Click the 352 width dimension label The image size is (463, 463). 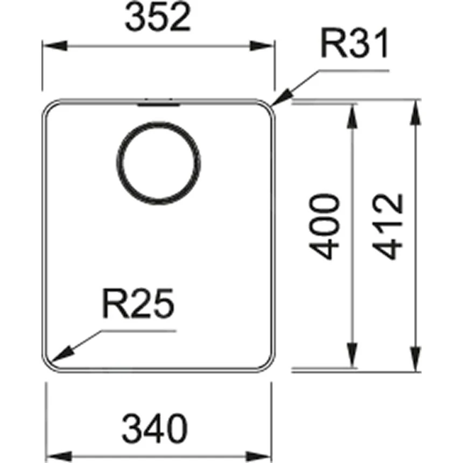point(158,17)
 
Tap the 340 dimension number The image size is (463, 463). point(155,429)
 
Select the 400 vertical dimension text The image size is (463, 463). point(324,227)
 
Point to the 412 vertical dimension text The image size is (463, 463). point(388,227)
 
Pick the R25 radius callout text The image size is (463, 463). point(138,303)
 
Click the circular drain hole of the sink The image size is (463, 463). point(159,163)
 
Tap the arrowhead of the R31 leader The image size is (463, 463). point(280,98)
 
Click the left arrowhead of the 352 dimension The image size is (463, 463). point(54,46)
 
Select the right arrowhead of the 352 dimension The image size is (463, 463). point(261,46)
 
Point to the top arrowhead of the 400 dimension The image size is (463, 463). point(352,117)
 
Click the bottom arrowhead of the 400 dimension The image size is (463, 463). point(352,355)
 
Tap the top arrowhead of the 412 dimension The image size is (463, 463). point(416,112)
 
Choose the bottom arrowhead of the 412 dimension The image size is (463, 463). point(416,359)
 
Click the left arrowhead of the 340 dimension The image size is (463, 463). point(59,456)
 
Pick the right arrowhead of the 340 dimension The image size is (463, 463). point(258,456)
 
